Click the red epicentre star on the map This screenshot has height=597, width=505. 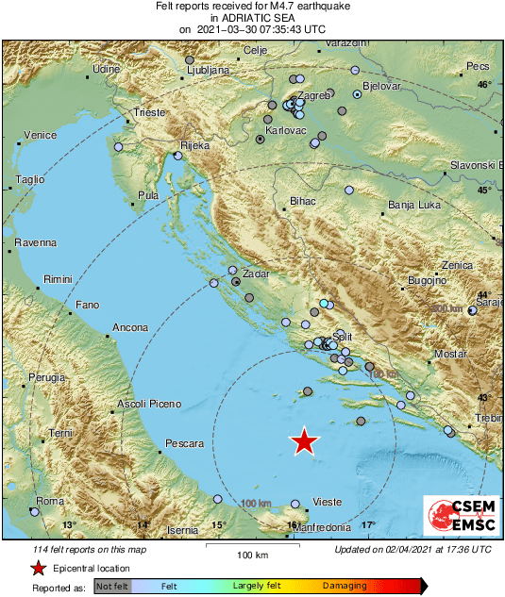[304, 441]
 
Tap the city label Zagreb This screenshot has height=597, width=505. [314, 96]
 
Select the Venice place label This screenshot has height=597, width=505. [40, 135]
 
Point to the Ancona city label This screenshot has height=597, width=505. [130, 327]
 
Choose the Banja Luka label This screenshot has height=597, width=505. [414, 205]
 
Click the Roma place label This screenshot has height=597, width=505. [49, 500]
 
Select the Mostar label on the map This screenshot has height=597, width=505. [450, 355]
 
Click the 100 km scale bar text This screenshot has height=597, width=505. [253, 555]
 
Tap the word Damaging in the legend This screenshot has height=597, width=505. [345, 586]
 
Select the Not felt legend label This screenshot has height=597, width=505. [113, 586]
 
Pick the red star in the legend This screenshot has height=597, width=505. [37, 568]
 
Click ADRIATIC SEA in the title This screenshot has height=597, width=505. [251, 18]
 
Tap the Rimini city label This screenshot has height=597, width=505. [58, 279]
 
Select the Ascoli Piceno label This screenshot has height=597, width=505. [148, 405]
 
